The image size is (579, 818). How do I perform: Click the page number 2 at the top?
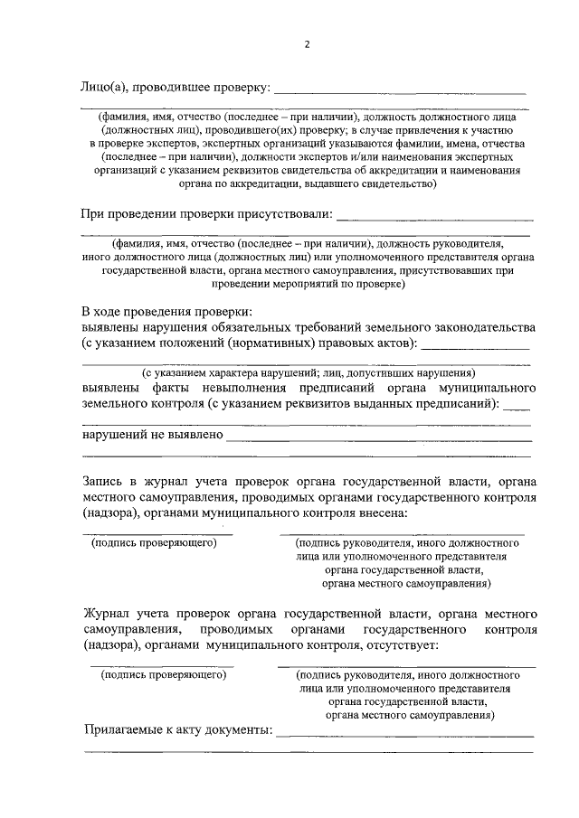[x=307, y=44]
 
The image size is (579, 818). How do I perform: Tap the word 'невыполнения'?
[x=242, y=388]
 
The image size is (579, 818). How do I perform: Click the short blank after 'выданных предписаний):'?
[x=518, y=409]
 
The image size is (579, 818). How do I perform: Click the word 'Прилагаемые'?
[x=122, y=729]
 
